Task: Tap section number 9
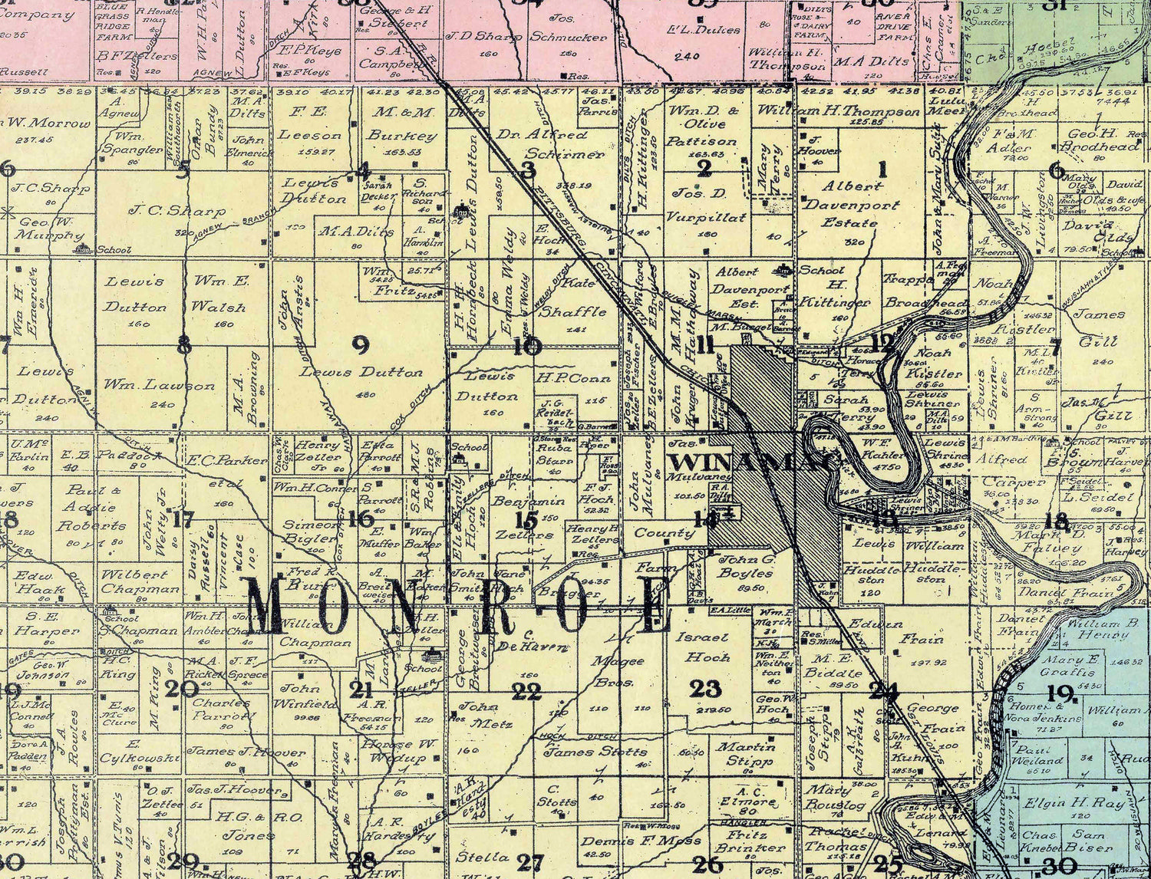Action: (360, 345)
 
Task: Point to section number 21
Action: (361, 690)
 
